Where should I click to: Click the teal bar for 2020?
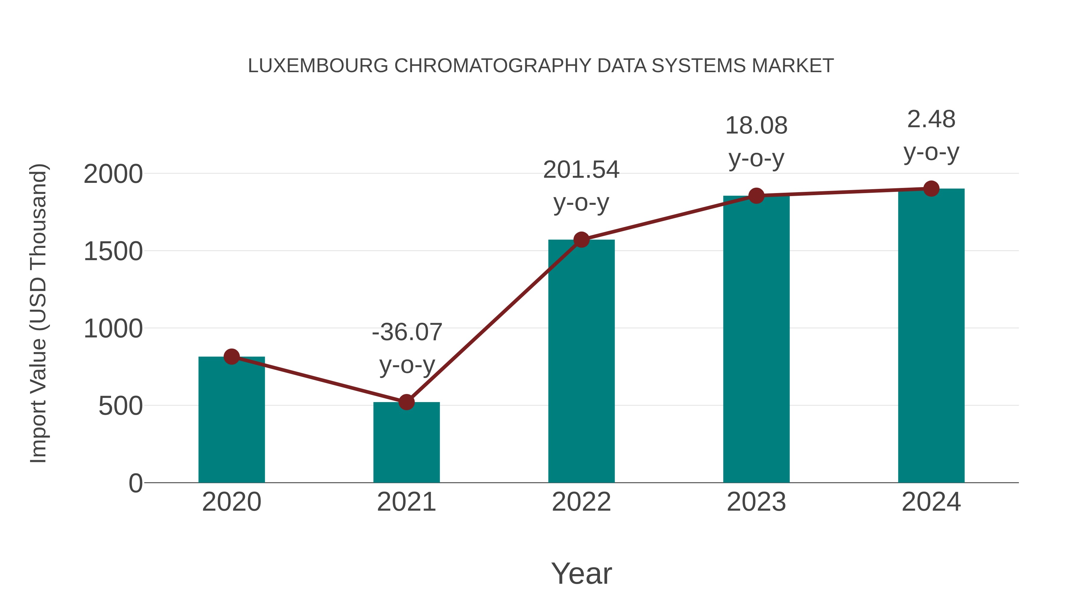pos(231,420)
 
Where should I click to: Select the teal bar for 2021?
pos(406,443)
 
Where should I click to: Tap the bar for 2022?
pos(581,361)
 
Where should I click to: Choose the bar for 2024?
pos(931,336)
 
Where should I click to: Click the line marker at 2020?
pos(231,357)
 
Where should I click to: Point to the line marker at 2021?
pos(406,402)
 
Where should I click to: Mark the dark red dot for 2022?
pos(581,240)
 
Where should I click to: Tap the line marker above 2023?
pos(756,196)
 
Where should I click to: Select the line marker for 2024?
pos(931,189)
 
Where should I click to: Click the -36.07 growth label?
pos(407,332)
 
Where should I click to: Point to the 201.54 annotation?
pos(581,170)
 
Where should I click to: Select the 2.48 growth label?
pos(931,119)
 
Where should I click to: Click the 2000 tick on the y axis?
pos(113,174)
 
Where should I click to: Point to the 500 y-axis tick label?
pos(120,406)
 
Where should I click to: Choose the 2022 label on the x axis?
pos(581,502)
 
